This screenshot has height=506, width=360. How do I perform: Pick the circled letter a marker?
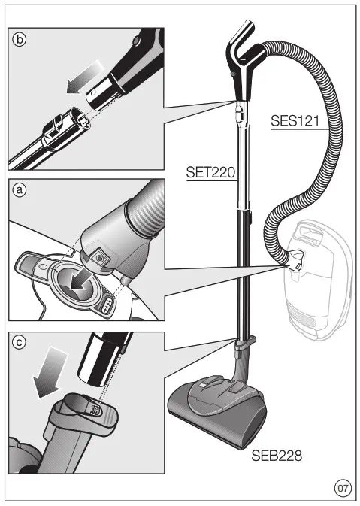(20, 191)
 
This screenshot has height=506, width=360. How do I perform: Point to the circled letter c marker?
(20, 343)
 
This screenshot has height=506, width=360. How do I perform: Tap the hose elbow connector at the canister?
(297, 259)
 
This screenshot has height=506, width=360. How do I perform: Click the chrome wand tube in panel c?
(105, 361)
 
